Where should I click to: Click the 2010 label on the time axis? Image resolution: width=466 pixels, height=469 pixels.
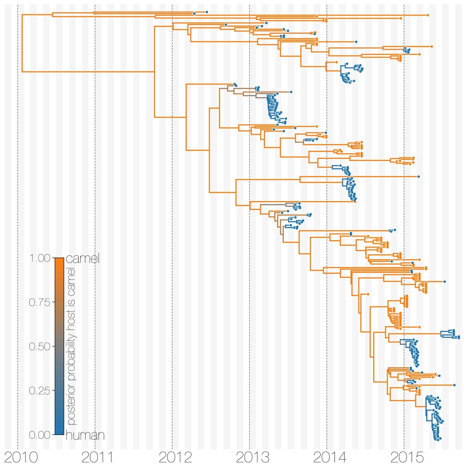coord(21,458)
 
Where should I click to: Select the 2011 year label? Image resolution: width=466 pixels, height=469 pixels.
coord(98,458)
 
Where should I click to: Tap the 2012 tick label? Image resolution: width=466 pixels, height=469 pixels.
coord(175,458)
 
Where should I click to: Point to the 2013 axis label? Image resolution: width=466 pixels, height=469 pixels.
coord(252,458)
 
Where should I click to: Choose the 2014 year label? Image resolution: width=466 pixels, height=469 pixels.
coord(330,458)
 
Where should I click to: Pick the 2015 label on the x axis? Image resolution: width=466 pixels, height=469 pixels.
coord(407,458)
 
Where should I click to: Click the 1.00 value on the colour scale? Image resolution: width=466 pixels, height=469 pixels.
coord(40,258)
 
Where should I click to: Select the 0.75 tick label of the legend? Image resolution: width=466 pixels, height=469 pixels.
coord(40,303)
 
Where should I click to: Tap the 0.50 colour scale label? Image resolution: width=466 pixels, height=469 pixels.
coord(40,347)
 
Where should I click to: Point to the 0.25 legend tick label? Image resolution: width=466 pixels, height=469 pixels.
coord(40,391)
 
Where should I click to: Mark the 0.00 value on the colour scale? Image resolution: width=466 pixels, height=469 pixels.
coord(40,435)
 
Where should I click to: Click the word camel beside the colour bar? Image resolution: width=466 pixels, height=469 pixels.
coord(82,258)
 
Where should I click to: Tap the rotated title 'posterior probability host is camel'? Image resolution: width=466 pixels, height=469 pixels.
coord(71,346)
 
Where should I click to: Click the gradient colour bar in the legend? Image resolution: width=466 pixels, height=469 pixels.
coord(59,346)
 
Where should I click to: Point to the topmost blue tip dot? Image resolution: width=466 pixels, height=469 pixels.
coord(207,12)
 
